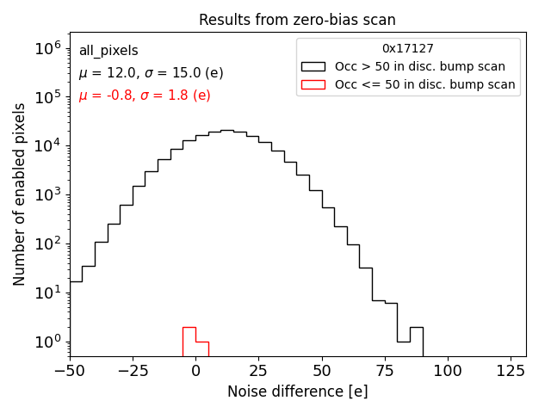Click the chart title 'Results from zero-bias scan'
click(x=297, y=20)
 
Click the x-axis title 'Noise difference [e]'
click(x=297, y=391)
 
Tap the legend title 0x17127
click(x=408, y=49)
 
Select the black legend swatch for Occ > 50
click(x=313, y=66)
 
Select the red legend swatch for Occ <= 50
click(x=313, y=84)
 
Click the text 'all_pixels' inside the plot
click(x=108, y=51)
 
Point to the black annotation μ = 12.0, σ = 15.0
click(x=151, y=73)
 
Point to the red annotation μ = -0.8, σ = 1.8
click(x=145, y=96)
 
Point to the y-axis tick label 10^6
click(x=47, y=49)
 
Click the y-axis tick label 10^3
click(x=47, y=195)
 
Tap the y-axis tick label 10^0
click(x=47, y=342)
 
